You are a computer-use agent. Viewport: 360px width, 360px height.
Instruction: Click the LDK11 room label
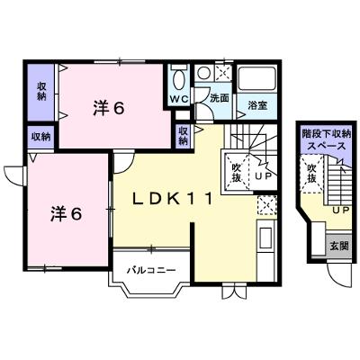(173, 199)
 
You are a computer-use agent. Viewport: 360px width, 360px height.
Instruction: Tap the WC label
(179, 99)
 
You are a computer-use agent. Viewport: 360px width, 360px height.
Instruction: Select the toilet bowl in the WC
(180, 79)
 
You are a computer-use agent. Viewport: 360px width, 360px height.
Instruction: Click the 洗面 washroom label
(220, 98)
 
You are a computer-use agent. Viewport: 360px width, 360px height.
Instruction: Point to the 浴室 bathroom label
(257, 105)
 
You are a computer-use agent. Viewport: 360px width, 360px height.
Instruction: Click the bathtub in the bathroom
(256, 77)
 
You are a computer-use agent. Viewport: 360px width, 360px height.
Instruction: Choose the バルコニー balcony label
(151, 271)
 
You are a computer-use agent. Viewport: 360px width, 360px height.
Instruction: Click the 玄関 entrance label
(339, 246)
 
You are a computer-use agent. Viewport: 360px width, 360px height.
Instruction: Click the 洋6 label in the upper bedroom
(108, 108)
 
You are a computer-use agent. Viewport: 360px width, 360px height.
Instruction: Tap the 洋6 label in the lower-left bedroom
(66, 213)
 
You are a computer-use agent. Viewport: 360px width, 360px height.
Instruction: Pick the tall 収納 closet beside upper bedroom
(41, 92)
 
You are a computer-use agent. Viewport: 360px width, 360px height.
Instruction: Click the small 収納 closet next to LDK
(184, 136)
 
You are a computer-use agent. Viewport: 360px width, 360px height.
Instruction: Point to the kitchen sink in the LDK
(265, 238)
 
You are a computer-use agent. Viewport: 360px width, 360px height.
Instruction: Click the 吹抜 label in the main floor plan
(237, 173)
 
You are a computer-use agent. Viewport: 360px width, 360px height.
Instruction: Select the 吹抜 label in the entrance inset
(311, 174)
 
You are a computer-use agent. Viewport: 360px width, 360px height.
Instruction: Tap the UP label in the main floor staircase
(263, 176)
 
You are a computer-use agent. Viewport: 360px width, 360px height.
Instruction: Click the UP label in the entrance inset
(340, 211)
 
